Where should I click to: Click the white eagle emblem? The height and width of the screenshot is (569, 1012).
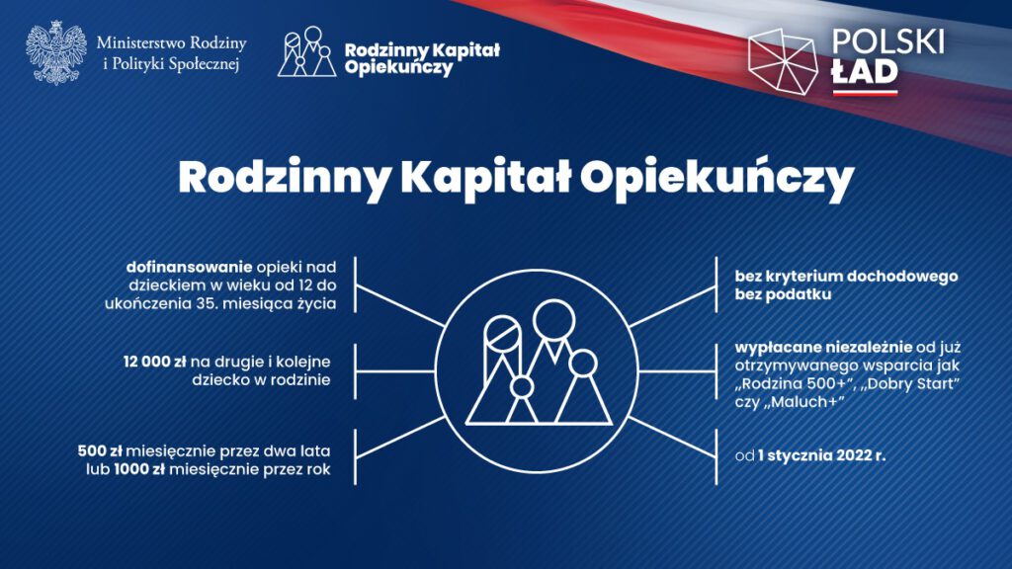tap(56, 53)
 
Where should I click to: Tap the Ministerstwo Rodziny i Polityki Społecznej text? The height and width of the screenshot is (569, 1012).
tap(172, 53)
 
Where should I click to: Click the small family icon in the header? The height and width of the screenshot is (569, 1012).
tap(307, 51)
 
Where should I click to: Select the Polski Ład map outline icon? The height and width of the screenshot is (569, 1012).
tap(783, 61)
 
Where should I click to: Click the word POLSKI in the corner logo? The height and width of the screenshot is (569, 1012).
tap(888, 41)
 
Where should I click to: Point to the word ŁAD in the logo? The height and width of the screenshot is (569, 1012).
tap(865, 73)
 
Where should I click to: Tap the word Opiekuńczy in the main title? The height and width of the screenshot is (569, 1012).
tap(717, 180)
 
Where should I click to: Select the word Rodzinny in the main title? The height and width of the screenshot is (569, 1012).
tap(284, 180)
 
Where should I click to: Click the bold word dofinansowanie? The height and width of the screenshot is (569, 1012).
tap(189, 267)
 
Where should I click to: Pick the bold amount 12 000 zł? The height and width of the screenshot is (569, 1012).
tap(155, 362)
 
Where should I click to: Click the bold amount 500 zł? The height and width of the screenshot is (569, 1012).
tap(100, 450)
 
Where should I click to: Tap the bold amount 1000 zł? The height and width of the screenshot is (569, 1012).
tap(139, 469)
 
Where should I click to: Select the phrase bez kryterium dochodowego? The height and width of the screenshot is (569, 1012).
tap(846, 277)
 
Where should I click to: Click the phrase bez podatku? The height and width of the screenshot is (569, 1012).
tap(783, 294)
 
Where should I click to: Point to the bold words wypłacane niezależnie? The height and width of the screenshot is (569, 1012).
tap(823, 348)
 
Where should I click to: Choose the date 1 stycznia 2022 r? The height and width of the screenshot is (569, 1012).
tap(821, 456)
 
